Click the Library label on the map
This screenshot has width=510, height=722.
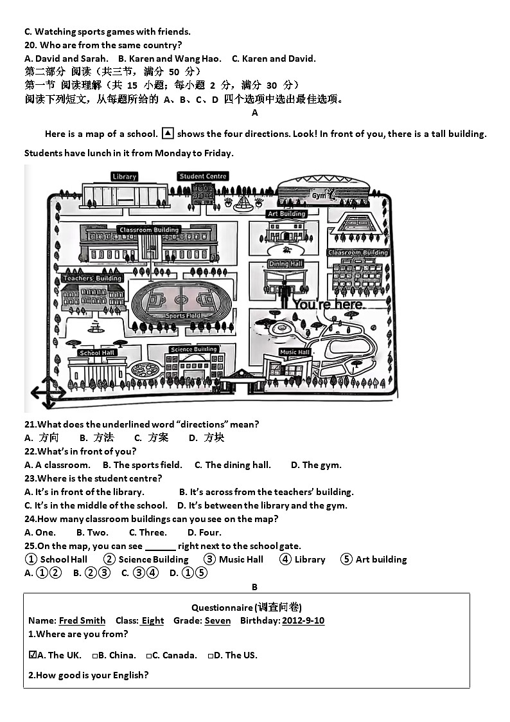point(124,177)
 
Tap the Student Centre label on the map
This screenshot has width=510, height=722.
point(204,176)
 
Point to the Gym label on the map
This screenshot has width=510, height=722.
point(319,195)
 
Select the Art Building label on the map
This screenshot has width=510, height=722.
point(286,214)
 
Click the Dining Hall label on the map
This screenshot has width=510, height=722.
point(286,264)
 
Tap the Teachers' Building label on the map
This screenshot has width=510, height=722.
point(92,278)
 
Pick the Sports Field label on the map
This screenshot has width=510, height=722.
point(184,316)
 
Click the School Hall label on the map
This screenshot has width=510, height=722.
point(97,353)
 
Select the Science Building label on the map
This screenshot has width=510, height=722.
point(193,350)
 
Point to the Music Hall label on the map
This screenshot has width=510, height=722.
point(295,352)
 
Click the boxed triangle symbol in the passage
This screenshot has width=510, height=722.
point(167,134)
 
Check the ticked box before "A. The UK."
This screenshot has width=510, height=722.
point(33,655)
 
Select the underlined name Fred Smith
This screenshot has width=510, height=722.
point(82,621)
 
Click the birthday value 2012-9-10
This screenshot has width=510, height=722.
point(303,621)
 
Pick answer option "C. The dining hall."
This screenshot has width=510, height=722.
point(233,465)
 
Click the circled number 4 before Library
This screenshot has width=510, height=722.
point(286,559)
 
